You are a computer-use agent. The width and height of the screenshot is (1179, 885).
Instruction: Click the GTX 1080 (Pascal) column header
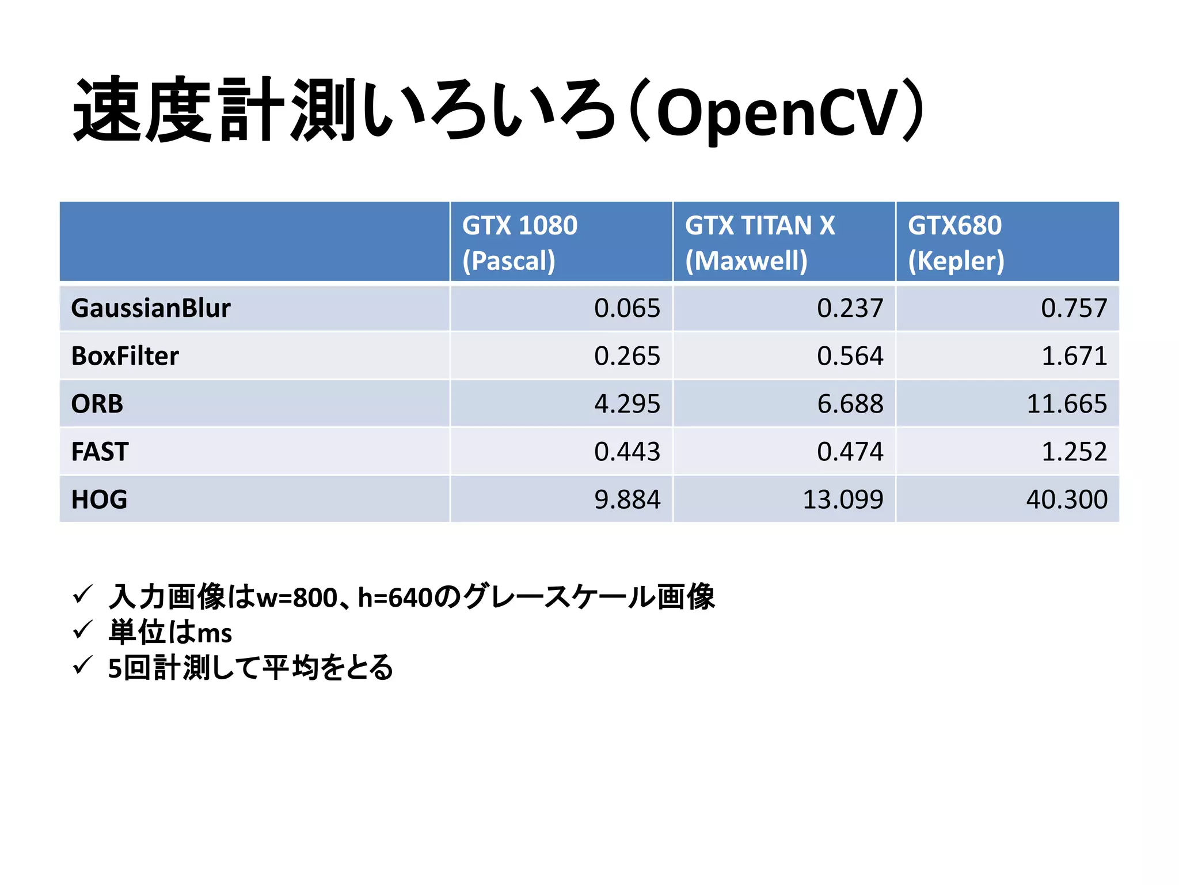pyautogui.click(x=520, y=243)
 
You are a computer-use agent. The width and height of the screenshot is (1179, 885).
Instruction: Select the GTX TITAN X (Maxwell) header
pyautogui.click(x=760, y=243)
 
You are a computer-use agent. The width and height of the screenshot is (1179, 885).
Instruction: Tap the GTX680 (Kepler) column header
pyautogui.click(x=956, y=243)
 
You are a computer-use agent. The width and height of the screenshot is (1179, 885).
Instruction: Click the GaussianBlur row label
pyautogui.click(x=151, y=308)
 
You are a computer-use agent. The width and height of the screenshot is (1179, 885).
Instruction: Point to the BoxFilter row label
pyautogui.click(x=125, y=356)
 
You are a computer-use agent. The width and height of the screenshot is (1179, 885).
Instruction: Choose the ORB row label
pyautogui.click(x=97, y=404)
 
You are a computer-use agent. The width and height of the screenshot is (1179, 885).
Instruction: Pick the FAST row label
pyautogui.click(x=100, y=452)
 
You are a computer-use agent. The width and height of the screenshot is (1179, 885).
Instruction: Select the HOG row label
pyautogui.click(x=99, y=500)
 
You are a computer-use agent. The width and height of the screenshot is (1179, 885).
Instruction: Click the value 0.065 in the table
pyautogui.click(x=627, y=308)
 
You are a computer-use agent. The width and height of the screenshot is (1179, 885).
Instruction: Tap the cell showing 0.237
pyautogui.click(x=850, y=308)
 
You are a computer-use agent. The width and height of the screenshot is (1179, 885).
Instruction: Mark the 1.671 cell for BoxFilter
pyautogui.click(x=1074, y=356)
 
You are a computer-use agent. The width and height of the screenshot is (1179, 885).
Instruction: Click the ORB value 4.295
pyautogui.click(x=627, y=404)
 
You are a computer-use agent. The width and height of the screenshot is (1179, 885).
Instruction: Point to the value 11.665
pyautogui.click(x=1067, y=404)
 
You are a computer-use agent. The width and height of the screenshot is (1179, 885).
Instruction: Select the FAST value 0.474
pyautogui.click(x=850, y=452)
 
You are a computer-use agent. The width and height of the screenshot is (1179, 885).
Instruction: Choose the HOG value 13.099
pyautogui.click(x=843, y=500)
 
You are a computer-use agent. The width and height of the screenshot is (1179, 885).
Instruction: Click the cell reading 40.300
pyautogui.click(x=1067, y=500)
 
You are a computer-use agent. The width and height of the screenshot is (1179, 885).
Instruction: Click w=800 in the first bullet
pyautogui.click(x=297, y=597)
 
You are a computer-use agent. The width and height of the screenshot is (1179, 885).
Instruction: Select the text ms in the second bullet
pyautogui.click(x=214, y=633)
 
